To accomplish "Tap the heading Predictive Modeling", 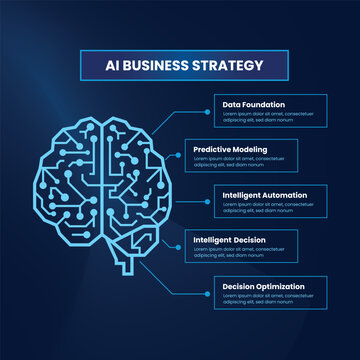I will [x=230, y=148].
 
